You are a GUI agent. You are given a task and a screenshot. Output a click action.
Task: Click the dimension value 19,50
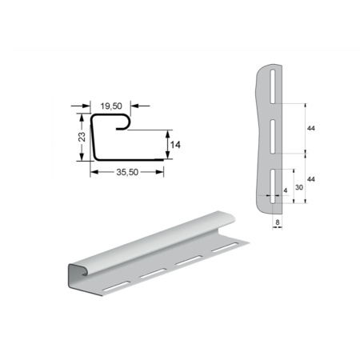111,106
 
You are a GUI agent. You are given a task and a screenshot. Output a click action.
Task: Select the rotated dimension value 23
82,137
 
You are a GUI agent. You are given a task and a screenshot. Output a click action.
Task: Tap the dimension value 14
175,145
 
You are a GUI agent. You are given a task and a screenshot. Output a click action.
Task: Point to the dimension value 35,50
127,172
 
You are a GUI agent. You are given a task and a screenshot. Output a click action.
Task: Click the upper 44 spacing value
311,128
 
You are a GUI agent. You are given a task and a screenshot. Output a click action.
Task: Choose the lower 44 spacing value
311,179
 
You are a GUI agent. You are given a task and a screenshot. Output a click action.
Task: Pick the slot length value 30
299,187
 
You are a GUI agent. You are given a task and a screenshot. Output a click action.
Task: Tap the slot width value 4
286,190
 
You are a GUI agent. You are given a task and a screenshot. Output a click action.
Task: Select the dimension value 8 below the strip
278,222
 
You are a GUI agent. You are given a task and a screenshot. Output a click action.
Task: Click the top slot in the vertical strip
273,86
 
